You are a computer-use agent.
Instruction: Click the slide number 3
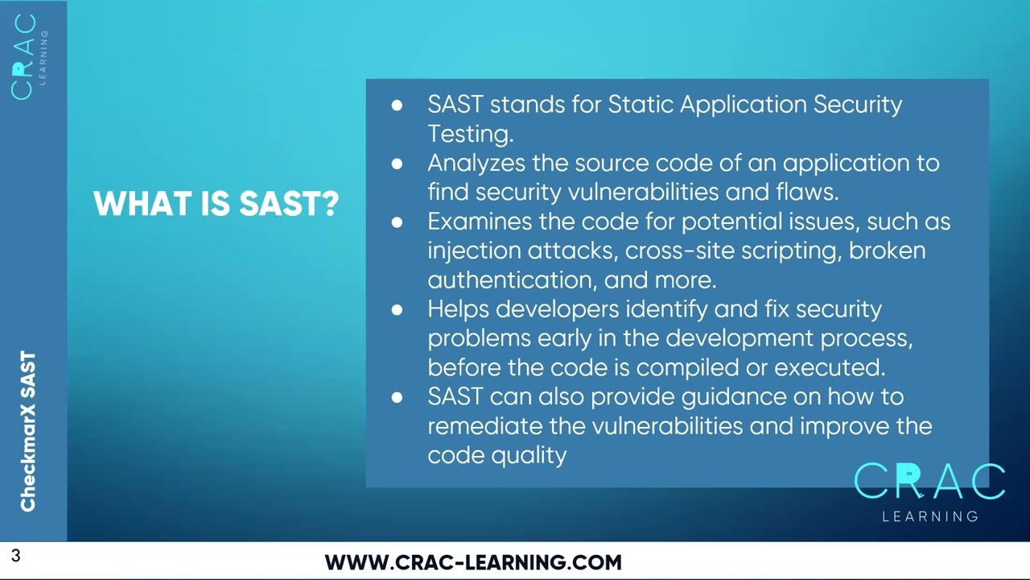pos(15,555)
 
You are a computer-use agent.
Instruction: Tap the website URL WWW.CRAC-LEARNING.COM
pos(473,562)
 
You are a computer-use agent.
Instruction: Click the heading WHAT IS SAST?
pos(216,204)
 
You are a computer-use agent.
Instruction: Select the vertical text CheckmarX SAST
pos(28,431)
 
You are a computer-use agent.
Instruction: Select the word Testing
pos(470,134)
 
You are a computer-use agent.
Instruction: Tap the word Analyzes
pos(476,163)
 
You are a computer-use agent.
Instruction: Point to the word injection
pos(474,251)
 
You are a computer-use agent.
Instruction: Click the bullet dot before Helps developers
pos(397,309)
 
